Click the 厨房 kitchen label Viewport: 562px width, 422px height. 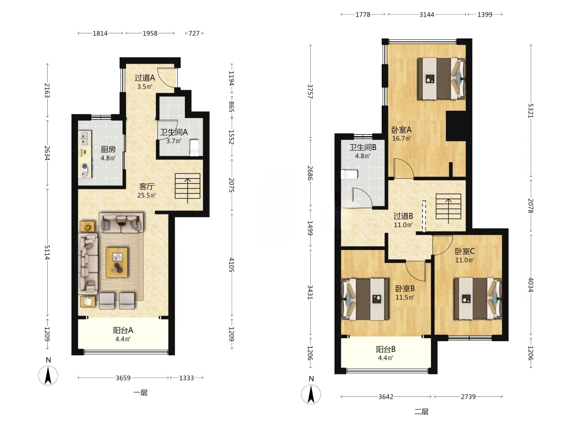108,149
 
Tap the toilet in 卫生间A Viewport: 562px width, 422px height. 195,148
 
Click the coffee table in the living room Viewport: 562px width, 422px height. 117,262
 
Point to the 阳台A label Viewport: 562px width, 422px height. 123,330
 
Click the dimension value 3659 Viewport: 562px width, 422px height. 123,378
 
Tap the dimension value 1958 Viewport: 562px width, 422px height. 150,33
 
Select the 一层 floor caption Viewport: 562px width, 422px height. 140,393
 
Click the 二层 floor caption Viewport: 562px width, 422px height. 421,412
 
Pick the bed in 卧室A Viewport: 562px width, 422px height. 441,79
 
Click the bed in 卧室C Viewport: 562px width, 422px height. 478,299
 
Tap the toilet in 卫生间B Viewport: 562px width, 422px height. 349,175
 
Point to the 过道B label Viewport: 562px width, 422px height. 403,216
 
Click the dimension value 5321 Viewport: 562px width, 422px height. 530,111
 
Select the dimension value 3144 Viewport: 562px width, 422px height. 427,14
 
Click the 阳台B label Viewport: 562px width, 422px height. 386,349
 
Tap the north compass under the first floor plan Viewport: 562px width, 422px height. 48,376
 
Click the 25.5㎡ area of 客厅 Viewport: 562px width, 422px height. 147,195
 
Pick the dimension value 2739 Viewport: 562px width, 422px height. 468,397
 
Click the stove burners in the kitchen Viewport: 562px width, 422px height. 85,170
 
